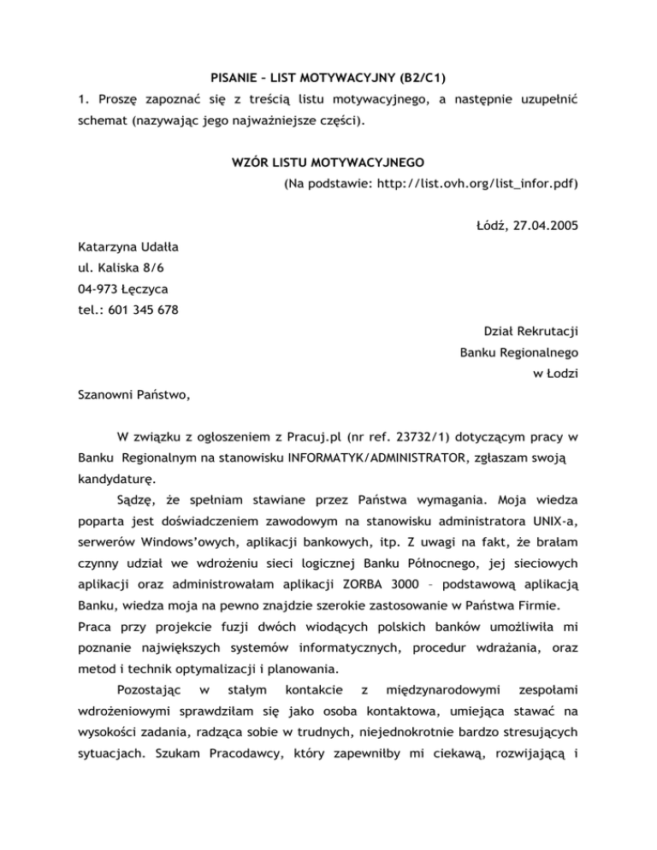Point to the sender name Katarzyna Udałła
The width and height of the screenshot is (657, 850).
pos(128,247)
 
